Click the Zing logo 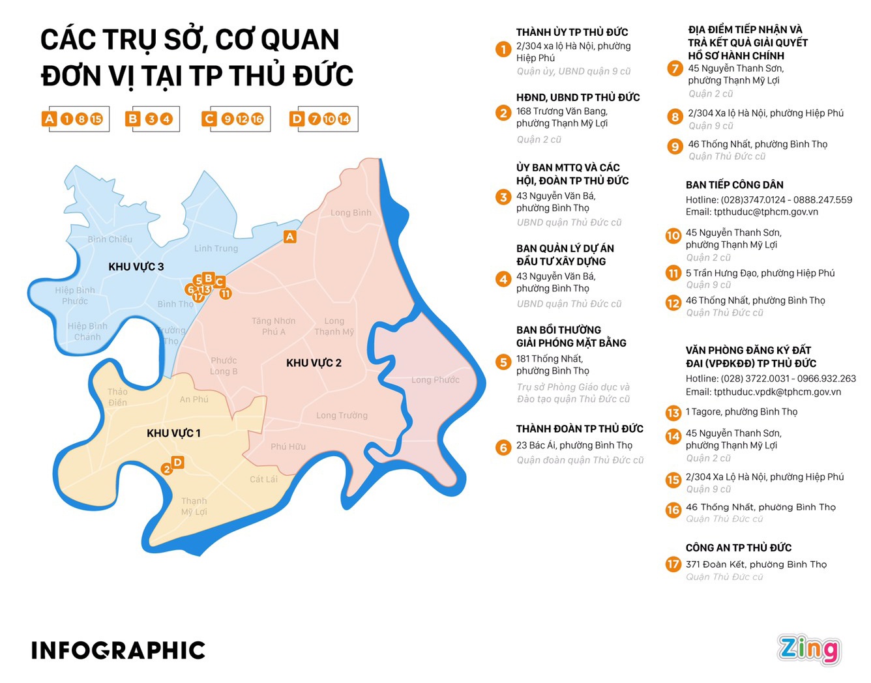[808, 649]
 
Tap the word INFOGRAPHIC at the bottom [118, 650]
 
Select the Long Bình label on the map [351, 212]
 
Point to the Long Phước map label [436, 380]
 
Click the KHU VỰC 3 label [136, 267]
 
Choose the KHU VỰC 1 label [173, 433]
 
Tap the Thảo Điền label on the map [118, 397]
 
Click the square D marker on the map [177, 462]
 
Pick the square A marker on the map [290, 237]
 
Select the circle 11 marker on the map [226, 293]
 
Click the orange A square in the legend [49, 119]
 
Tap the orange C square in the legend [209, 119]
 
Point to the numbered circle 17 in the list [673, 564]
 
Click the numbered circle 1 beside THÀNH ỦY [503, 49]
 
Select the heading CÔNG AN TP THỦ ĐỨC [739, 547]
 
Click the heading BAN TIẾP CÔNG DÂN [735, 185]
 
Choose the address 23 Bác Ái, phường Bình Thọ [574, 445]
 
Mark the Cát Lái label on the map [263, 479]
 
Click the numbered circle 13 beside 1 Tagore [673, 413]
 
